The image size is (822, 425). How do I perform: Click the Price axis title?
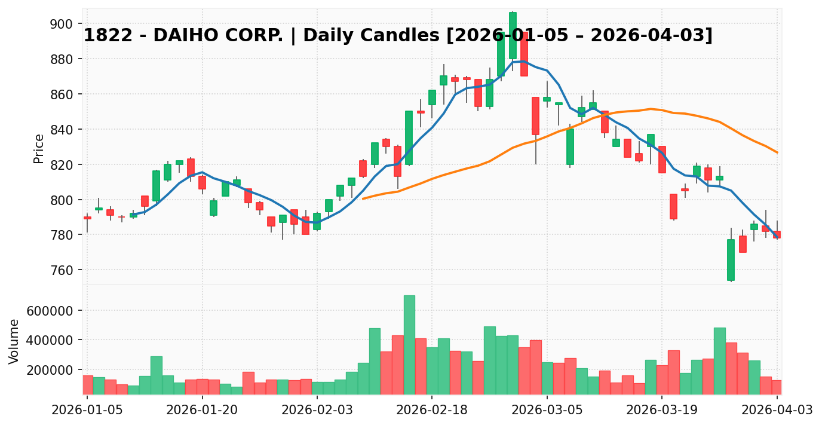click(39, 148)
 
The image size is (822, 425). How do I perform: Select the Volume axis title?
click(14, 341)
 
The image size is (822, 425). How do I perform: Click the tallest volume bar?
click(409, 345)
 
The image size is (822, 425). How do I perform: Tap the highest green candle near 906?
click(513, 35)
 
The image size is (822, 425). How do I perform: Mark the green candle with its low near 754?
click(731, 260)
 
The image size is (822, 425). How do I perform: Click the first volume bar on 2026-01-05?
click(87, 385)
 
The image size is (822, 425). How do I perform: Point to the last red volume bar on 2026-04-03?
click(777, 387)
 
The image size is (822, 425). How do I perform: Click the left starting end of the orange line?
click(363, 198)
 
